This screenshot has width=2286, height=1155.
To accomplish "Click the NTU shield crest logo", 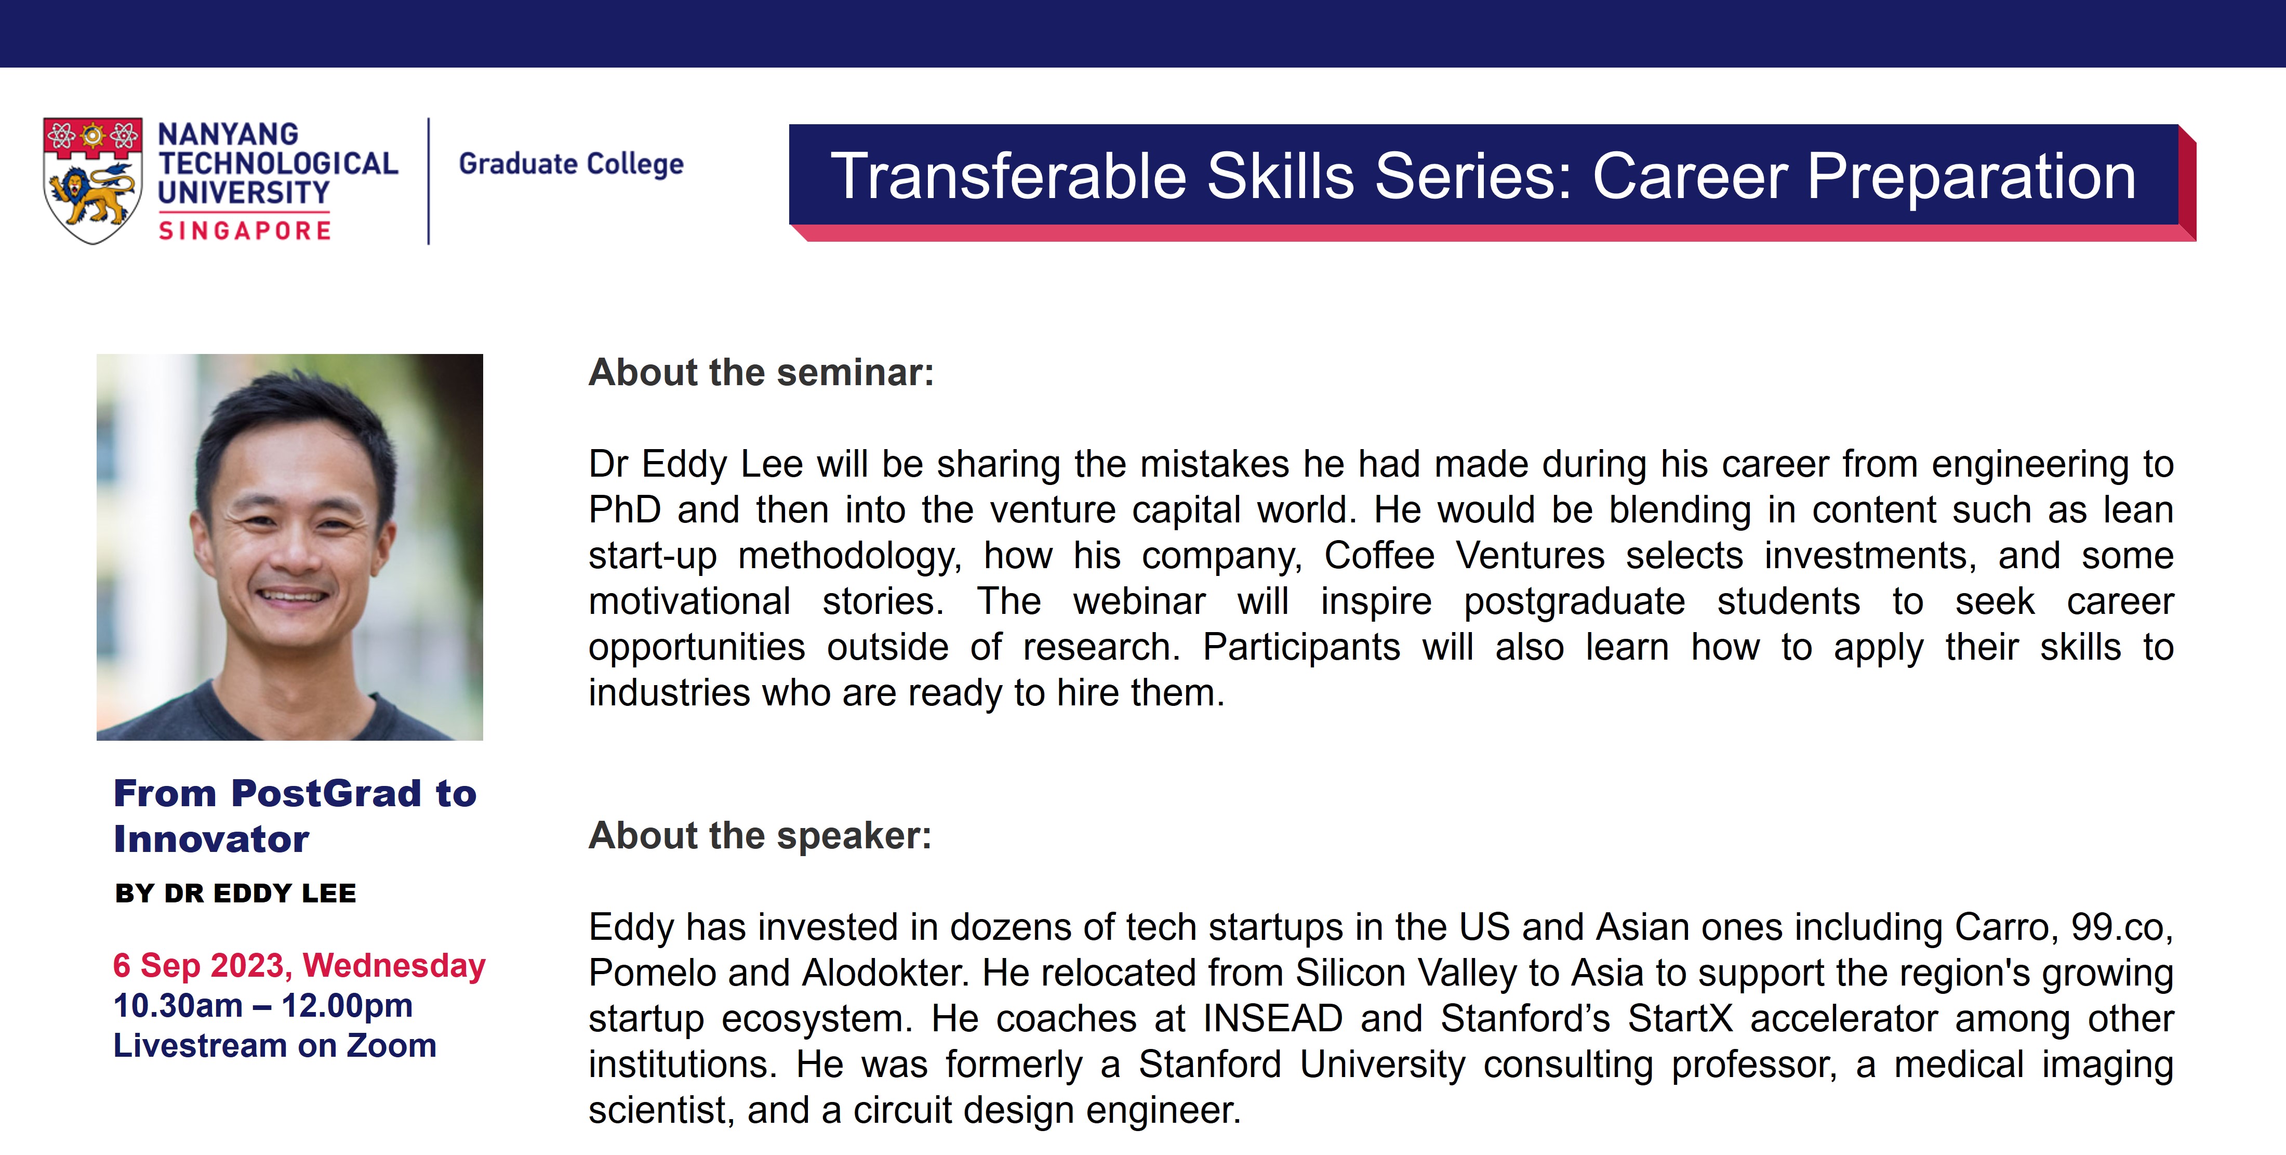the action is (x=92, y=180).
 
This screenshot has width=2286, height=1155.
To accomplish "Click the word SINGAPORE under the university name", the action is (x=245, y=231).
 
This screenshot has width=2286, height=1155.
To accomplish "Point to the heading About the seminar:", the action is (x=762, y=373).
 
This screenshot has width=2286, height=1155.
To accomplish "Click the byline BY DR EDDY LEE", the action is (x=235, y=893).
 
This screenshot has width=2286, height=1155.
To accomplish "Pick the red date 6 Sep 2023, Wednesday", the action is (x=299, y=966).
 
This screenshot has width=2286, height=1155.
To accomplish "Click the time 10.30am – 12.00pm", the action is (x=263, y=1006).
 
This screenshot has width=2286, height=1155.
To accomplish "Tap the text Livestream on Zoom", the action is (x=275, y=1046).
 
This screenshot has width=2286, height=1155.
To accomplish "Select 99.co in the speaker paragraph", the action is (x=2122, y=928).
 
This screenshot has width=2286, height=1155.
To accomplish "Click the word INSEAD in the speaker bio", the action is (x=1272, y=1019).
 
